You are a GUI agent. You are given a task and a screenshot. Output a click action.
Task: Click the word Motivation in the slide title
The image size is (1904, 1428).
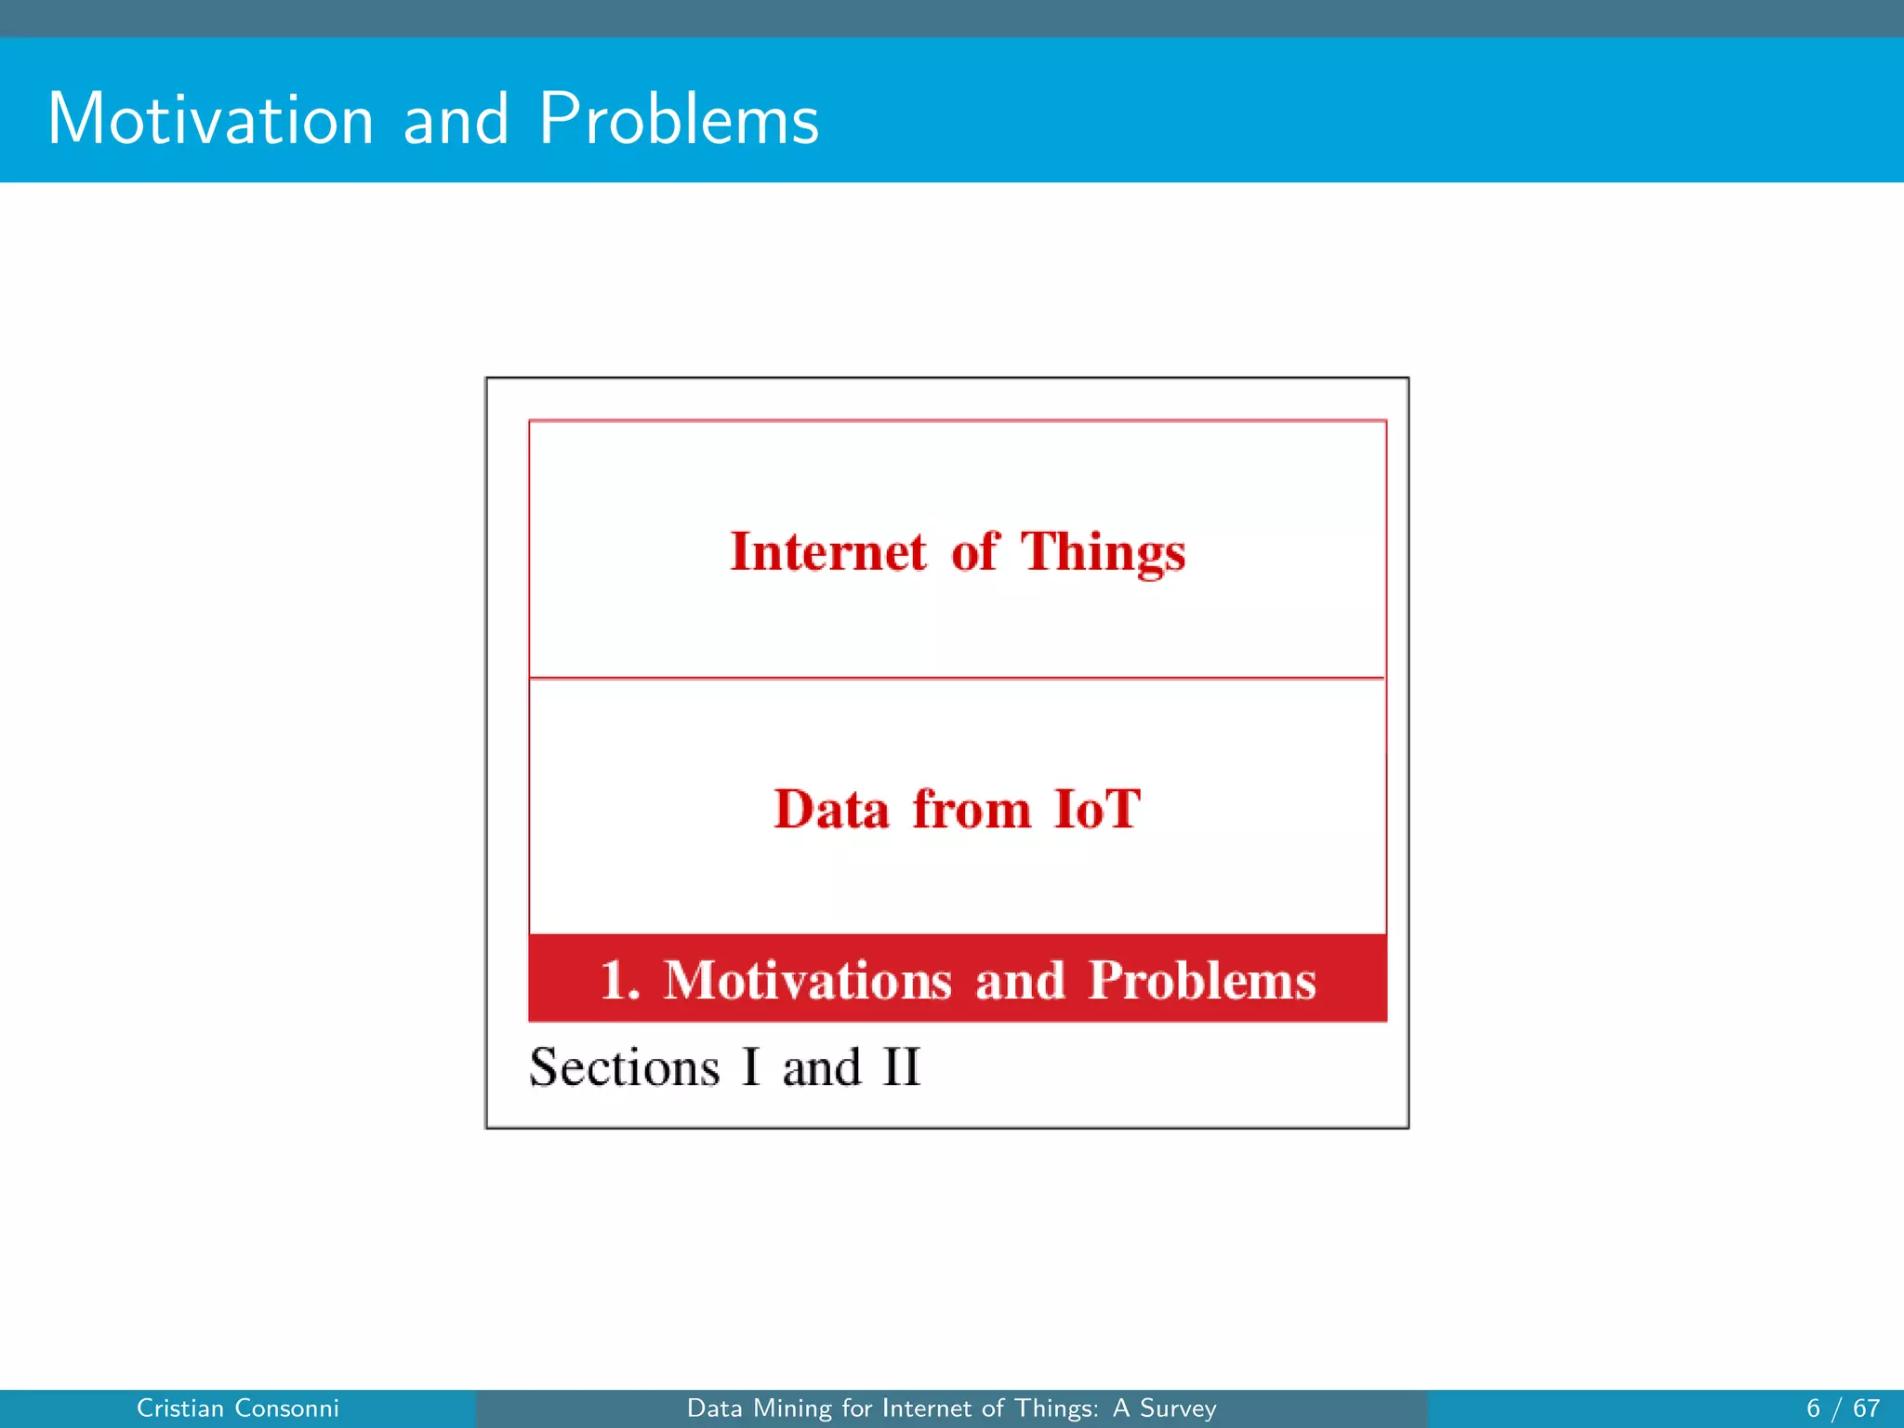211,120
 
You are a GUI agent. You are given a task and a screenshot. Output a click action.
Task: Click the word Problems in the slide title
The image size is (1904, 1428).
679,120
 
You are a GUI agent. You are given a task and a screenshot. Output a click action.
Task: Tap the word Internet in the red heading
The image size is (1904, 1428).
828,552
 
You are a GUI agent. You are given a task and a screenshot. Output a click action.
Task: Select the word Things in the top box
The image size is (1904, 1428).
1104,552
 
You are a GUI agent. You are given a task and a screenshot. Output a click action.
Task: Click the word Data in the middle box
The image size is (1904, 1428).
831,809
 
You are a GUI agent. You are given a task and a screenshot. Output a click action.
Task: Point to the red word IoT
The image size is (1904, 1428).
1097,809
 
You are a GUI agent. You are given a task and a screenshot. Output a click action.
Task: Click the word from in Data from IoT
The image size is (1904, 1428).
971,809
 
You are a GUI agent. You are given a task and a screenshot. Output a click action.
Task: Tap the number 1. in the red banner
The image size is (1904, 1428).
620,981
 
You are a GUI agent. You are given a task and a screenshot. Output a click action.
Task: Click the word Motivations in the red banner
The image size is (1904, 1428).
807,981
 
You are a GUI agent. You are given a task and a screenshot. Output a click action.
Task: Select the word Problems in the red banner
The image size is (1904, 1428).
1202,981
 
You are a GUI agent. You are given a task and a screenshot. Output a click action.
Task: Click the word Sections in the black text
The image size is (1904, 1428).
625,1067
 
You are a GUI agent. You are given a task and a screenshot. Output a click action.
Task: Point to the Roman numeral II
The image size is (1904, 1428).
901,1067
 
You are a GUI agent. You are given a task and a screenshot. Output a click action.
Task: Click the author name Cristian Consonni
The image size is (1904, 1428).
238,1408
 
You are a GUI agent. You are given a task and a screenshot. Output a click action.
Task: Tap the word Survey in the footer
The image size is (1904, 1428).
1178,1408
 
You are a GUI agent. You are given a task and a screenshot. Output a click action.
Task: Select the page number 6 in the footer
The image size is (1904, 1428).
1813,1408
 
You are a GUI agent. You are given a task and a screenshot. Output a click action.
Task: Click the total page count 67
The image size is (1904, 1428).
1866,1408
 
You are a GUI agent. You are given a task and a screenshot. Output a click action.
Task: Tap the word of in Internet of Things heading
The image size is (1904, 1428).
973,552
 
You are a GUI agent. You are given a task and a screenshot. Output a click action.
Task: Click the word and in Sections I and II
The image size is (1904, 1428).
822,1067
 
